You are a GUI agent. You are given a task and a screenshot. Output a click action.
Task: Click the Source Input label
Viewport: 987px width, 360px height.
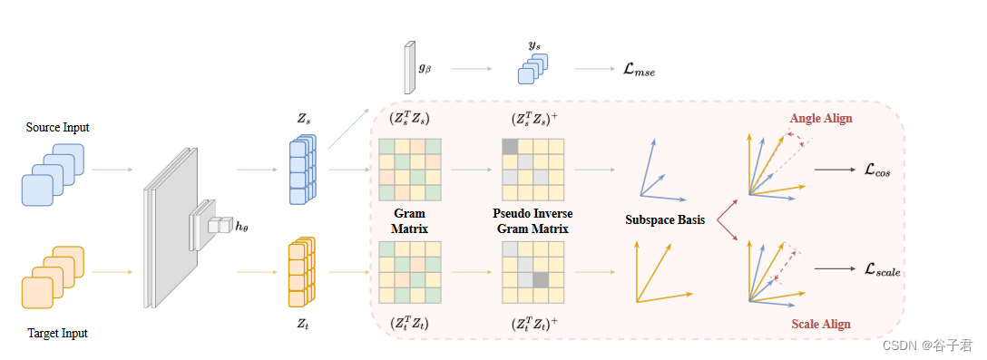(x=58, y=127)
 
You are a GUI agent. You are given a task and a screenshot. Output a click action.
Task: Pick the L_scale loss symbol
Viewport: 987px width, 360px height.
(x=883, y=269)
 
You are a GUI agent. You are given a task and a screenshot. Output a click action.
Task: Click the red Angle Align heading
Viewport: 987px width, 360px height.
(x=821, y=119)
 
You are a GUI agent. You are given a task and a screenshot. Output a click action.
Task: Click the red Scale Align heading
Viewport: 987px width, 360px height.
(x=820, y=323)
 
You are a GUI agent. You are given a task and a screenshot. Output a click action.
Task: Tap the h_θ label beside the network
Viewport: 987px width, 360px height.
(x=241, y=227)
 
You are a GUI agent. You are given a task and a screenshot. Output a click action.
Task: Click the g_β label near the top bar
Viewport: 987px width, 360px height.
(x=425, y=67)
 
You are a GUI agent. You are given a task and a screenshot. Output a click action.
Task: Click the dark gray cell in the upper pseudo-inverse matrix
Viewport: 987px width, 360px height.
(x=509, y=145)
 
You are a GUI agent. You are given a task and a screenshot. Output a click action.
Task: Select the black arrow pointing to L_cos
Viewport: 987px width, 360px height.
(x=834, y=170)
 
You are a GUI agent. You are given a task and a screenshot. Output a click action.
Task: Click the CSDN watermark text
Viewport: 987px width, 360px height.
(x=927, y=345)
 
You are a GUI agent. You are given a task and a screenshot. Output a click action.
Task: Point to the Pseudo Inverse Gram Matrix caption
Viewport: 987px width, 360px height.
(x=533, y=220)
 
